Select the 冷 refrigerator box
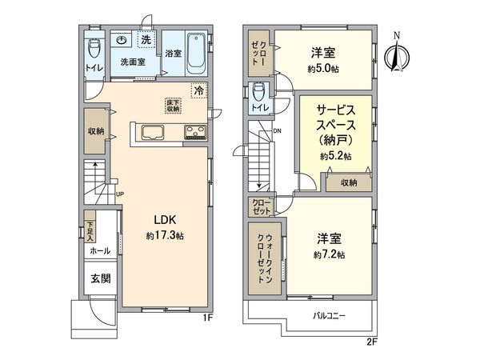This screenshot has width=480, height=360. click(x=198, y=91)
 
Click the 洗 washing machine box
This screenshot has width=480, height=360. click(x=146, y=39)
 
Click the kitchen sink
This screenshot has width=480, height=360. click(x=152, y=132)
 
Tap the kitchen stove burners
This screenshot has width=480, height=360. click(x=195, y=132)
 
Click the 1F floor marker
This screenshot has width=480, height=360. click(x=207, y=318)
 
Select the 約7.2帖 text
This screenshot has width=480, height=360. click(x=329, y=254)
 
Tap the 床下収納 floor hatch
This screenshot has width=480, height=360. click(x=174, y=105)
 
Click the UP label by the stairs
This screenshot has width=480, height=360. click(x=119, y=194)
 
